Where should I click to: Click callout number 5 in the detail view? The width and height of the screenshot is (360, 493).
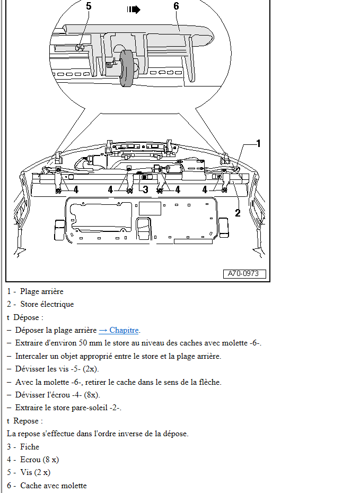(x=89, y=6)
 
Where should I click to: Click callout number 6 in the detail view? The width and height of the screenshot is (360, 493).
(x=176, y=6)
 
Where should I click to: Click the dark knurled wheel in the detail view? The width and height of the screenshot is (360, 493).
(x=127, y=67)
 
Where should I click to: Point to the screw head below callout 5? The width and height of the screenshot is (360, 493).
(x=80, y=48)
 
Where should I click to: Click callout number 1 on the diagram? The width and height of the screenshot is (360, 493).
(x=258, y=143)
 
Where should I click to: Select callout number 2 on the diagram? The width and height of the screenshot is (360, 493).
(x=238, y=213)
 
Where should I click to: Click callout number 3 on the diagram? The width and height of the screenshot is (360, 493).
(x=145, y=189)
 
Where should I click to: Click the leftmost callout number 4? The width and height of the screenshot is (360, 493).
(x=76, y=189)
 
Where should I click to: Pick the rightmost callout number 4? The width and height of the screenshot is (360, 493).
(x=205, y=189)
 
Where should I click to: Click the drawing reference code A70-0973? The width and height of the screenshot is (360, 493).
(x=243, y=274)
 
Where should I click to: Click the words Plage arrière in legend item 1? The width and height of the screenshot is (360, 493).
(x=41, y=291)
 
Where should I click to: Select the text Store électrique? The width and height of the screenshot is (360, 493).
(x=47, y=304)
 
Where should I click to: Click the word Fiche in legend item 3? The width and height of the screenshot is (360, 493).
(x=30, y=447)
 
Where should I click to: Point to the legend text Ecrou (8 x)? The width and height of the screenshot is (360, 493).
(x=39, y=460)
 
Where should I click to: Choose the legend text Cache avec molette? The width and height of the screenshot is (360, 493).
(x=53, y=486)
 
